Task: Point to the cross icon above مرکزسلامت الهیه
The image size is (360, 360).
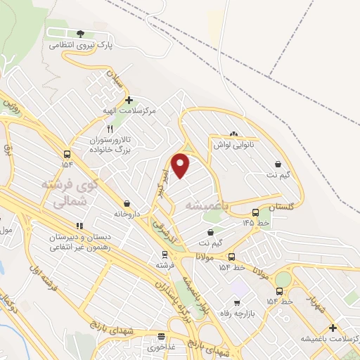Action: pos(128,101)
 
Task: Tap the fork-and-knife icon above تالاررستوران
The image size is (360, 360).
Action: pos(109,129)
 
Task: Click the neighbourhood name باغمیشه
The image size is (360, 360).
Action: pos(209,205)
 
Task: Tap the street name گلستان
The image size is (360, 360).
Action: pos(280,207)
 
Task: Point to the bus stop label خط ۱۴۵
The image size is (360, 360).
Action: pos(256,222)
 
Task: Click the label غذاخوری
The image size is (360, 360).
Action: pos(161,347)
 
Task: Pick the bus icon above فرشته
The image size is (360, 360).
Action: pos(163,255)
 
